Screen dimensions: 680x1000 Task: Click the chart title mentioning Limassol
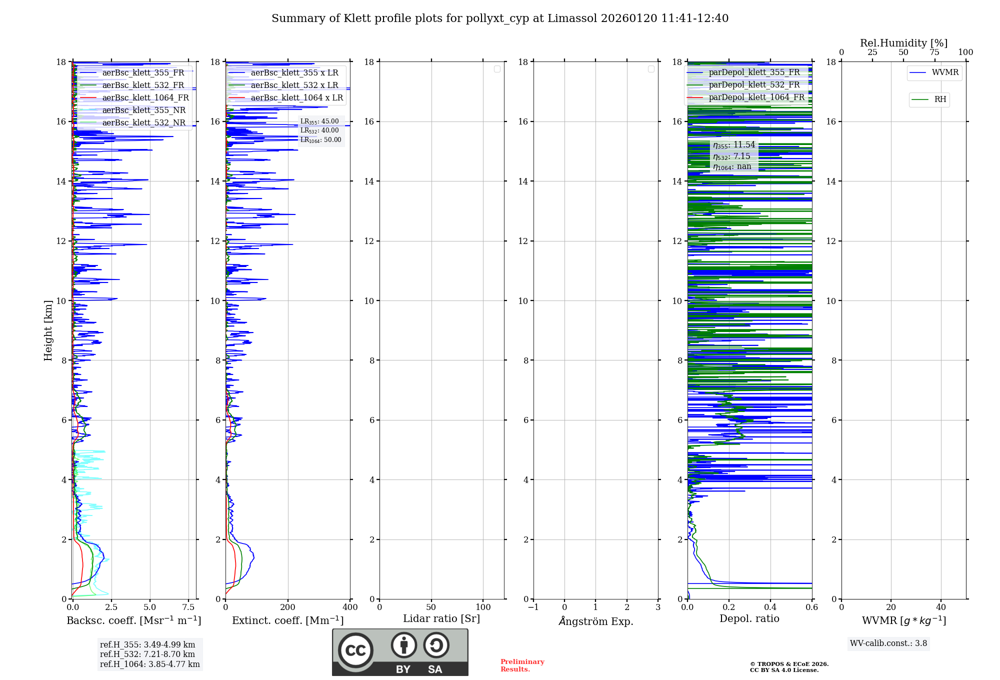tap(500, 18)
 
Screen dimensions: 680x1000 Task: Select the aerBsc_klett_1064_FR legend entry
tap(145, 97)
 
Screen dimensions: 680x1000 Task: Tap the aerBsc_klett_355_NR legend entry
tap(143, 110)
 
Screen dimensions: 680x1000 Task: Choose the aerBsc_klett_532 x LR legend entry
tap(294, 85)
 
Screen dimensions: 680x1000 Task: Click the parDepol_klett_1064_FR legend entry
tap(756, 97)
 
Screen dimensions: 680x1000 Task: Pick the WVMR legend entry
tap(944, 72)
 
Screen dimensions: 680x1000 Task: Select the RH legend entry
tap(939, 99)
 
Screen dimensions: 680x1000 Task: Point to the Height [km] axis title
tap(48, 330)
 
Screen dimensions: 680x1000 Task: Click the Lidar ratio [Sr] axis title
tap(441, 618)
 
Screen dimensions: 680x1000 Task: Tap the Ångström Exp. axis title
tap(595, 621)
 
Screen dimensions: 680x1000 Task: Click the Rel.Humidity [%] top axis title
tap(903, 43)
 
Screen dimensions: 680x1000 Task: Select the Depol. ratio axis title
tap(749, 618)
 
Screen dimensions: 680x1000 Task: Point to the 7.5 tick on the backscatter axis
tap(188, 607)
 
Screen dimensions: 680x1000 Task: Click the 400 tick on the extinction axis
tap(350, 607)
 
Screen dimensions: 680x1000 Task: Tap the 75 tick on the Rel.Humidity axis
tap(934, 52)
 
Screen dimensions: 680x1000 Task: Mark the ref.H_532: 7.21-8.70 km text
tap(147, 654)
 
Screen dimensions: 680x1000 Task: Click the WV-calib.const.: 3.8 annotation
tap(888, 643)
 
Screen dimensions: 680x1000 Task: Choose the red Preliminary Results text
tap(522, 665)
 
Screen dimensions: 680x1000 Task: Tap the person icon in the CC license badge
tap(403, 645)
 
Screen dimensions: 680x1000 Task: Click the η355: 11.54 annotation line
tap(734, 145)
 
